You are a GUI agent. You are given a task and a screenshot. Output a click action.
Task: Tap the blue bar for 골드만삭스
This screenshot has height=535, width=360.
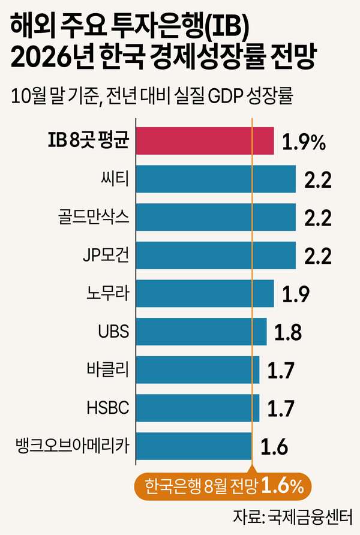pyautogui.click(x=216, y=217)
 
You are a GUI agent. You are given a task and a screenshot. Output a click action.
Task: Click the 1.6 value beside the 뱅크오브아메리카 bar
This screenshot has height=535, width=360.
pyautogui.click(x=274, y=447)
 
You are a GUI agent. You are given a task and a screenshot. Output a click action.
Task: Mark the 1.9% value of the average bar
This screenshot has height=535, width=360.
pyautogui.click(x=304, y=142)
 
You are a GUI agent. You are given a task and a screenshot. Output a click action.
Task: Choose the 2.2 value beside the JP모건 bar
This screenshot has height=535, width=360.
pyautogui.click(x=316, y=256)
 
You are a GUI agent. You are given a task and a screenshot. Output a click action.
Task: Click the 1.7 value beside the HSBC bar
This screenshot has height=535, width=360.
pyautogui.click(x=280, y=408)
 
